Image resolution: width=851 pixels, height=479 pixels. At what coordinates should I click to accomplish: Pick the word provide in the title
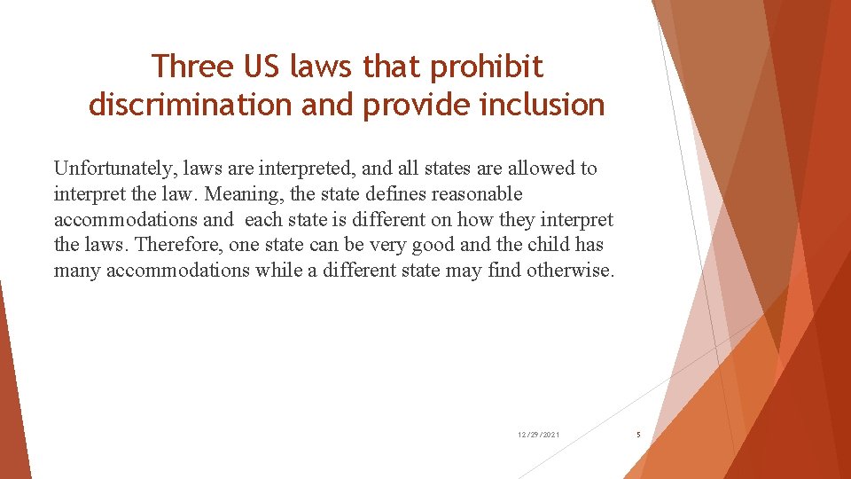(409, 106)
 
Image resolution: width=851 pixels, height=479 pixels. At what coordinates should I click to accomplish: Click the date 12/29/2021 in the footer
(539, 435)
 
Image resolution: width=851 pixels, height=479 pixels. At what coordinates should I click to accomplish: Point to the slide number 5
(638, 435)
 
